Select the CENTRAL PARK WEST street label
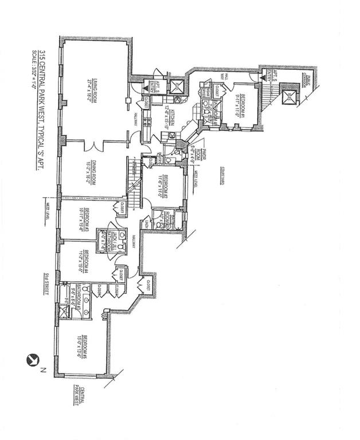(79, 395)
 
